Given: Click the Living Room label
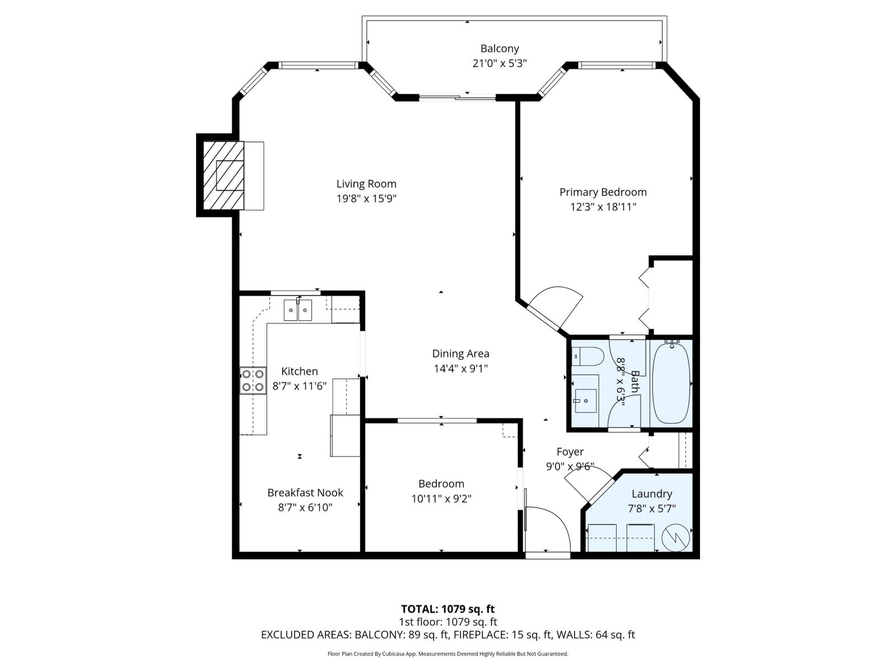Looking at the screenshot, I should (366, 184).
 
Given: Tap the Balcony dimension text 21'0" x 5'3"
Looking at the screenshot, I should (500, 63).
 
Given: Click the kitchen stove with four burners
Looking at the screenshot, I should (253, 380).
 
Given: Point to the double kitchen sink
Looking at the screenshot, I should (297, 310).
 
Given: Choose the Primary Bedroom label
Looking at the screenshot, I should (603, 192).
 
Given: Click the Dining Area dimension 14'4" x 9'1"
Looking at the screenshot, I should (460, 368).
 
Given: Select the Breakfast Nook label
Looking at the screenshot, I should (305, 493).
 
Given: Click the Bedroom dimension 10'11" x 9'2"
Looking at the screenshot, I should (441, 498).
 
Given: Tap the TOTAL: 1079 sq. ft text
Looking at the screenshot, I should (447, 609).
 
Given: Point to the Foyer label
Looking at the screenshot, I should (570, 451).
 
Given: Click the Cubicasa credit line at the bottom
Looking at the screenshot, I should (447, 654).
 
